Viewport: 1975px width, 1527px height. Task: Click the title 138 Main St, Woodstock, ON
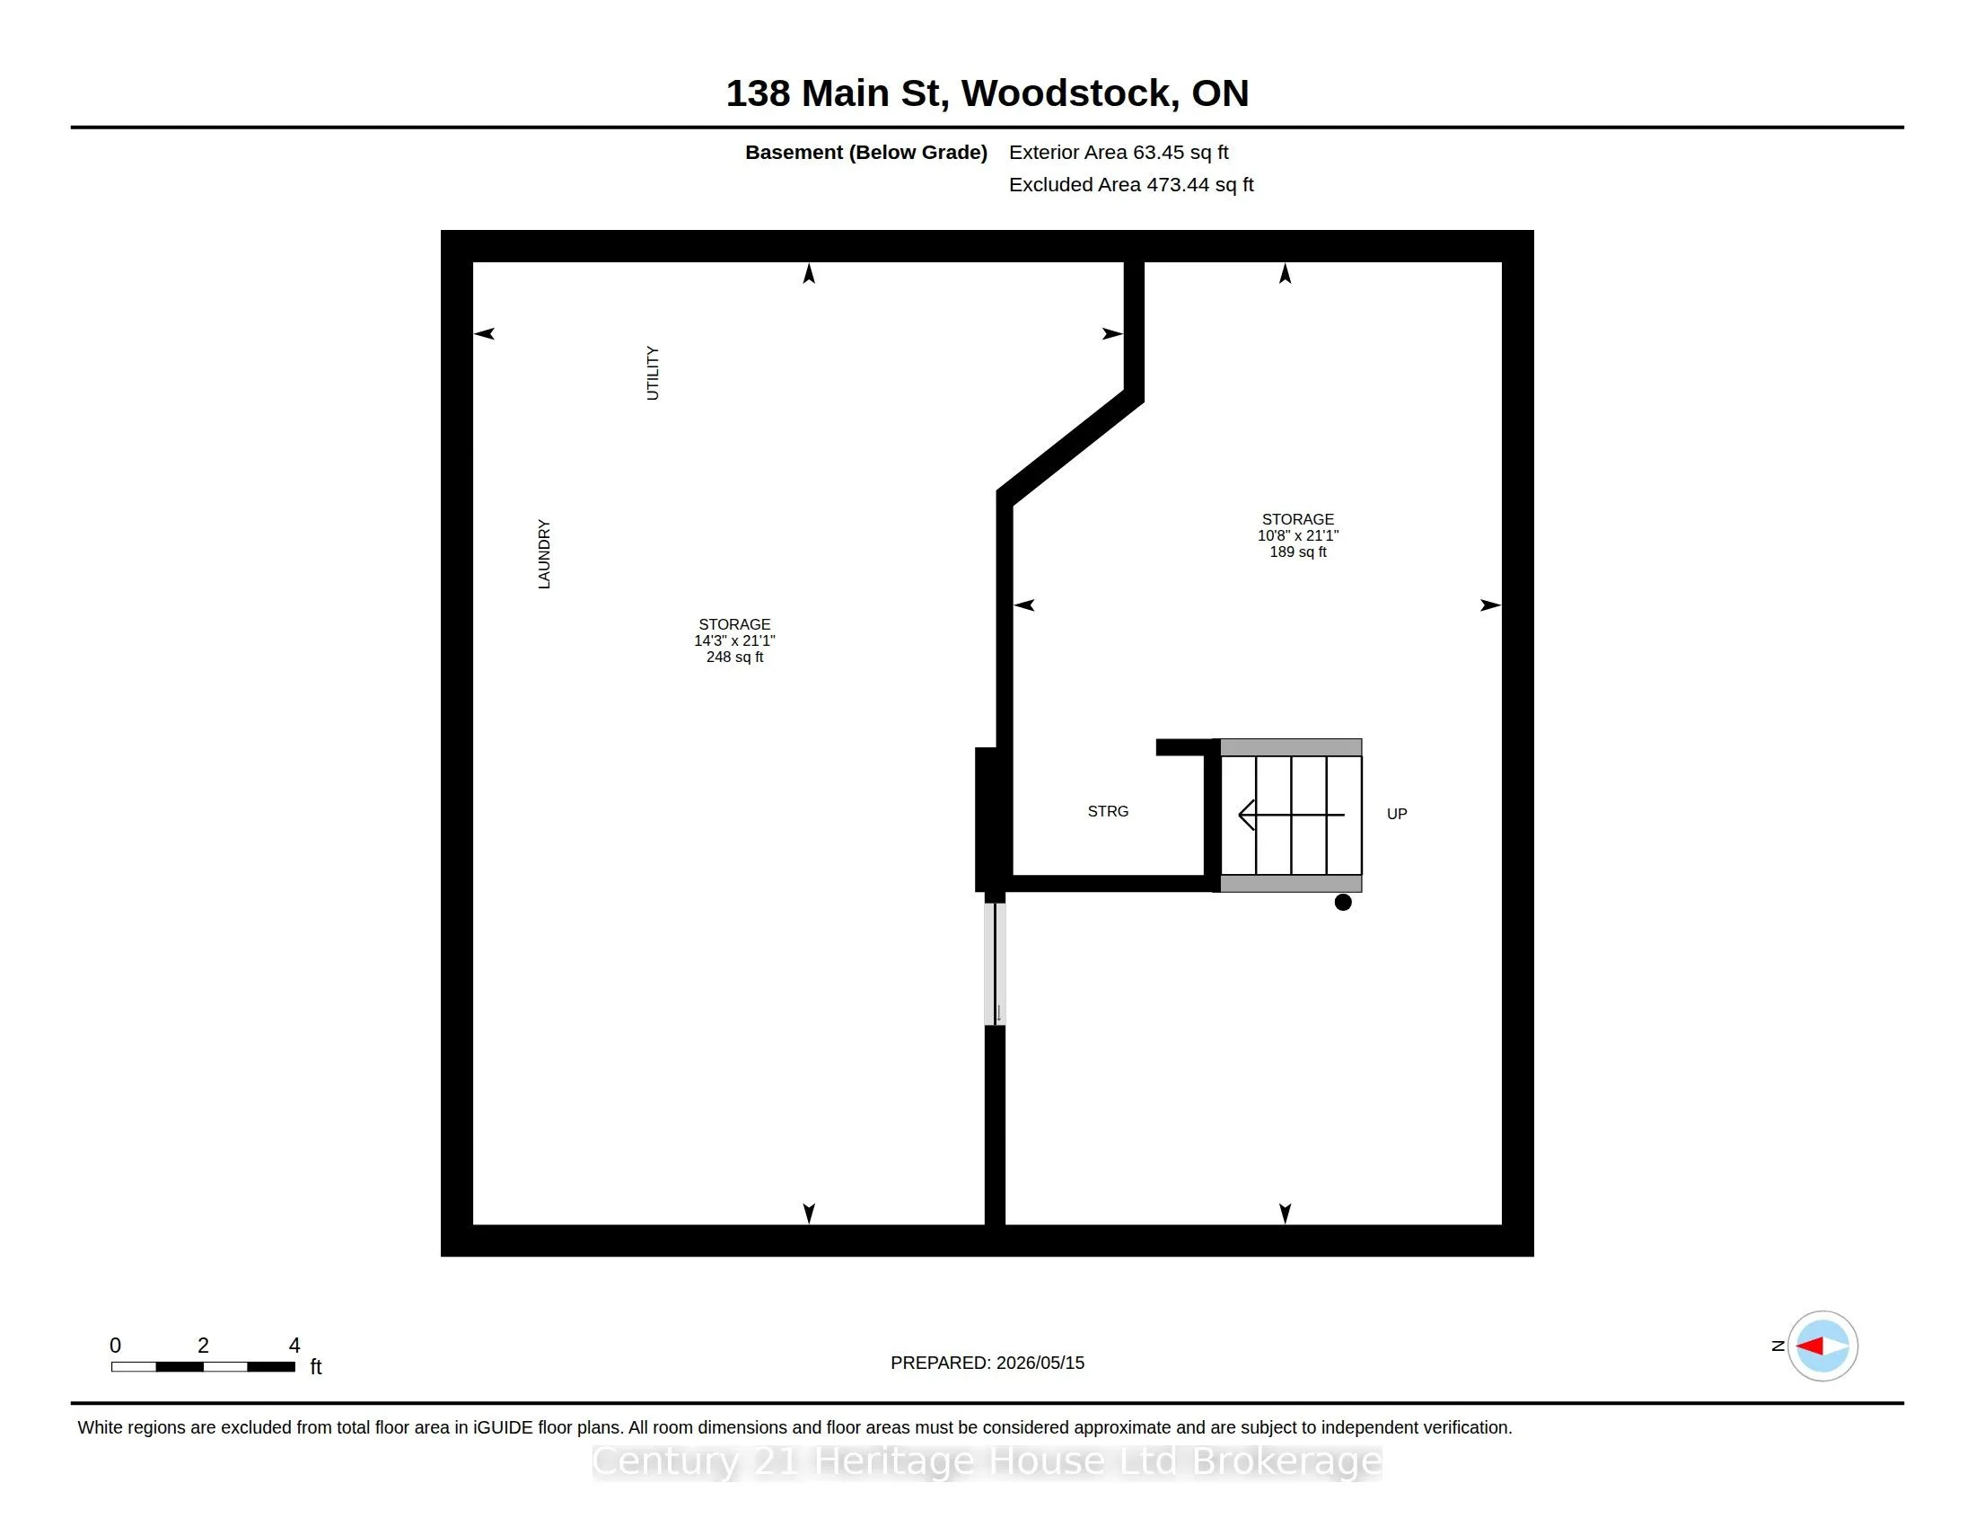coord(987,93)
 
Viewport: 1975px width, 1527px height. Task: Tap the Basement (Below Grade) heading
coord(865,153)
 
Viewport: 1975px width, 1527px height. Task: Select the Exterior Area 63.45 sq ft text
coord(1119,153)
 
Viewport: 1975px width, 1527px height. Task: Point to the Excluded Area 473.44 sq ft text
coord(1131,184)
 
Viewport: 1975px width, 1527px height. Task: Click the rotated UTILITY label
coord(652,373)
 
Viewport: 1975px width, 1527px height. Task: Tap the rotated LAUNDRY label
coord(543,553)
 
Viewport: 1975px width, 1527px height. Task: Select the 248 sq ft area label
coord(734,657)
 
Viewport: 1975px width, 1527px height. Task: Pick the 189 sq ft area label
coord(1298,552)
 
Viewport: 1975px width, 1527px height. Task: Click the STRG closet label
coord(1108,811)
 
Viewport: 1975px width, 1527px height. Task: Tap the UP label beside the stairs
coord(1396,814)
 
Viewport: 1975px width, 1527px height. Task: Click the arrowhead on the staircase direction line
coord(1246,815)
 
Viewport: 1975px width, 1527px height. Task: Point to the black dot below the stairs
coord(1343,902)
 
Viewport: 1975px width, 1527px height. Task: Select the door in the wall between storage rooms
coord(995,965)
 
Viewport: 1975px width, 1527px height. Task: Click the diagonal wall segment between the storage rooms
coord(1070,447)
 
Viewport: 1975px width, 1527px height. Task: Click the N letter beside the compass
coord(1777,1346)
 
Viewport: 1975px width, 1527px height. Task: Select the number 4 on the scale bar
coord(294,1346)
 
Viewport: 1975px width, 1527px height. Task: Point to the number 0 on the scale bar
coord(115,1346)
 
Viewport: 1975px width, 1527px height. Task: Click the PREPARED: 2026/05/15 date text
coord(987,1363)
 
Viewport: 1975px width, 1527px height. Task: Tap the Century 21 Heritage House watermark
coord(987,1461)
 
